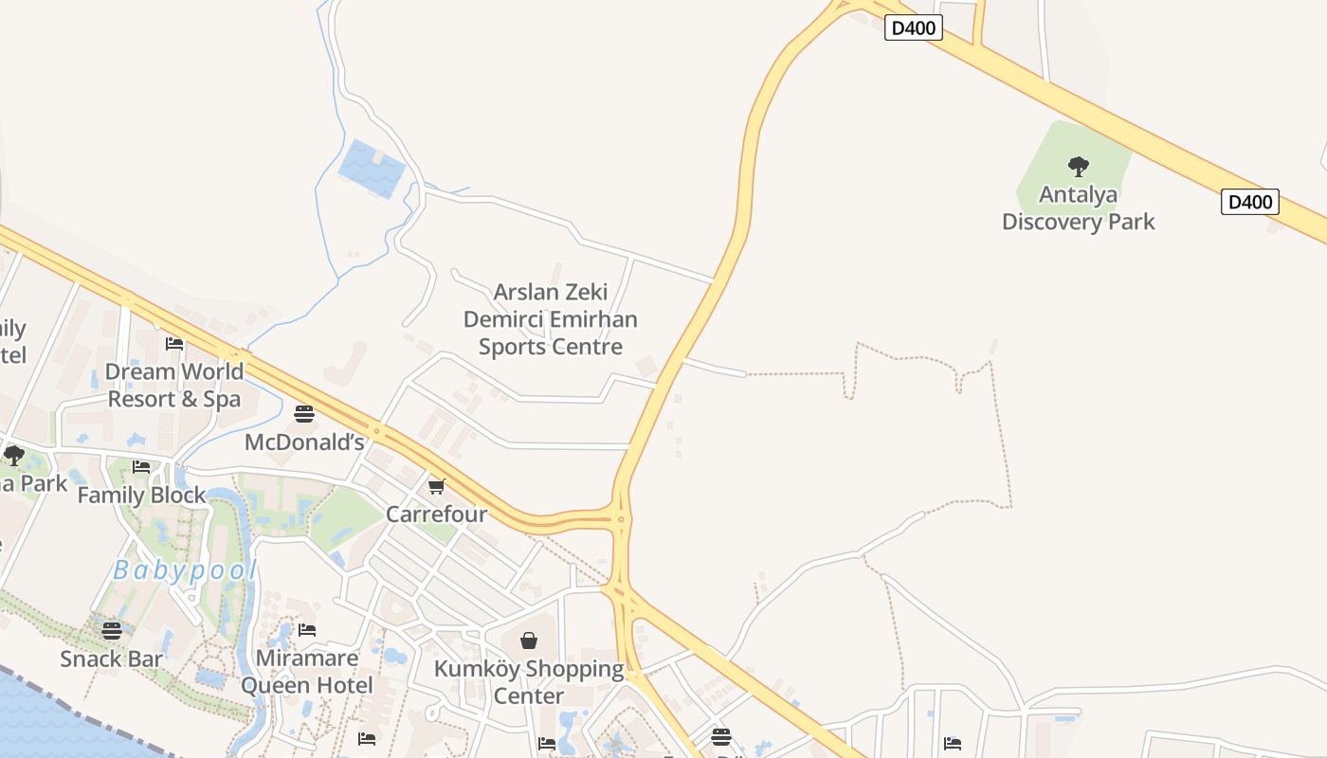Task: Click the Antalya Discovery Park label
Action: [1078, 208]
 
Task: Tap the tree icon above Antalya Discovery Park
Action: [1078, 168]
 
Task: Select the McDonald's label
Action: [304, 442]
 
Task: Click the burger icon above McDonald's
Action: [304, 414]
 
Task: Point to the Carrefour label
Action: [436, 514]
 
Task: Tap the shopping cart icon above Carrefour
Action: [436, 487]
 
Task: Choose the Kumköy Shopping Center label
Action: [529, 682]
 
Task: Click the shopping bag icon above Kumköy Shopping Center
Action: [529, 641]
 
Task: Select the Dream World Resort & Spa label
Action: [174, 385]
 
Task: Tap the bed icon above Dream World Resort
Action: [174, 344]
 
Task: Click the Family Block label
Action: [141, 496]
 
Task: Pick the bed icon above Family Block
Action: [141, 467]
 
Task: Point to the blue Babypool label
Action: [185, 570]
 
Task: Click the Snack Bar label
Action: [112, 659]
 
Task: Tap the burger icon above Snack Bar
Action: [112, 630]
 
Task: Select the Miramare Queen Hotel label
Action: [306, 672]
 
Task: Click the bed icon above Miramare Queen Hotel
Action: [306, 630]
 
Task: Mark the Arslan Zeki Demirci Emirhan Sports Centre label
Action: [550, 319]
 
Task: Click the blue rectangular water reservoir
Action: [372, 169]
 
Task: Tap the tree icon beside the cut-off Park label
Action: [13, 456]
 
